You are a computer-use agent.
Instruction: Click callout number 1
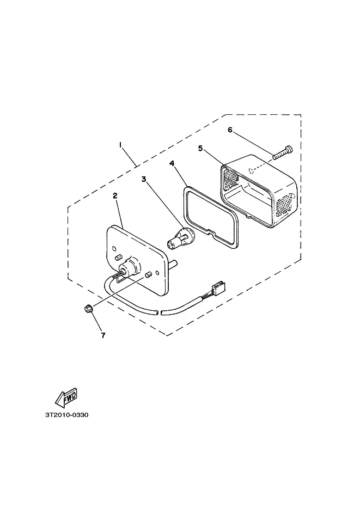(120, 145)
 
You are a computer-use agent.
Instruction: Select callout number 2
(115, 195)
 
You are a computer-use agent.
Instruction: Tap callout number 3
(144, 179)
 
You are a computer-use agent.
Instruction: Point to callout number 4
(172, 163)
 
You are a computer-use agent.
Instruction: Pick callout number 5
(200, 148)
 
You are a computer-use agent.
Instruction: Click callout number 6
(230, 130)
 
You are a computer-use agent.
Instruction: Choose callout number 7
(103, 335)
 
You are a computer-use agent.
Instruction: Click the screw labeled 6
(283, 152)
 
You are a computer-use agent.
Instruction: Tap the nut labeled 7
(87, 309)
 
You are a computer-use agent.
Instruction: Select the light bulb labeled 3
(180, 238)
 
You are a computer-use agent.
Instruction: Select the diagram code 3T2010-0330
(66, 415)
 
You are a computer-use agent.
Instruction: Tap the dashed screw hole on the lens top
(251, 170)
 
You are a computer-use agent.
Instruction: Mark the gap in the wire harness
(159, 313)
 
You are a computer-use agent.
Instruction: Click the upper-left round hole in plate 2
(114, 249)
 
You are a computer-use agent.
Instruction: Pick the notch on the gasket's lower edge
(214, 232)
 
